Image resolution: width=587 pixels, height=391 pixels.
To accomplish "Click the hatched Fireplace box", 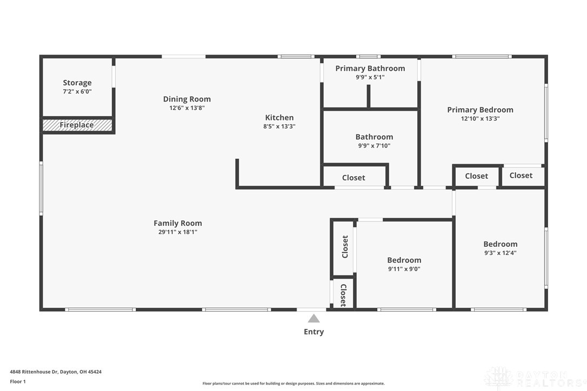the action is click(77, 125).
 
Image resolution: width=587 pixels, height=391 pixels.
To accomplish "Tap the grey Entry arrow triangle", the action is click(313, 319).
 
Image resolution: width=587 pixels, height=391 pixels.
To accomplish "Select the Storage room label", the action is click(77, 83).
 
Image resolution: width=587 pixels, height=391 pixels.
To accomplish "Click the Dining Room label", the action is click(187, 99).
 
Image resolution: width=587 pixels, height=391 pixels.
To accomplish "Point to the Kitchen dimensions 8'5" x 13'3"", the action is click(279, 126).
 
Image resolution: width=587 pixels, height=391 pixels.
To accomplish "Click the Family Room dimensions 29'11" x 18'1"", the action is click(178, 232).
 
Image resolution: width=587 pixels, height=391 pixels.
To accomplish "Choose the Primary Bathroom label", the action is click(370, 69).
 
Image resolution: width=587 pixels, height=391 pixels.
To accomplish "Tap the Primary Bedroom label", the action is click(481, 110).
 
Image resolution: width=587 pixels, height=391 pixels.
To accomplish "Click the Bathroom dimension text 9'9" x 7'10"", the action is click(374, 146).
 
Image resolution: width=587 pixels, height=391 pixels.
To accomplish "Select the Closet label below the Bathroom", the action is click(353, 178).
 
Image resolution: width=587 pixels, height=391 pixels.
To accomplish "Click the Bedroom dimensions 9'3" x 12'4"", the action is click(501, 253).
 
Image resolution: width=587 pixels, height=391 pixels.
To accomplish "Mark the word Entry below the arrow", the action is click(313, 332).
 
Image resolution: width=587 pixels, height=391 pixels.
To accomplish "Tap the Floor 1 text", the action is click(18, 382).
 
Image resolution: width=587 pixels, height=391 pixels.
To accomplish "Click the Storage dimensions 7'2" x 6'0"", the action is click(77, 92).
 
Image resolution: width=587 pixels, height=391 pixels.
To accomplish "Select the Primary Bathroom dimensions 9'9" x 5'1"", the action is click(370, 77).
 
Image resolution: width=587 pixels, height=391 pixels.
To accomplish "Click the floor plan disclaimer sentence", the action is click(293, 383).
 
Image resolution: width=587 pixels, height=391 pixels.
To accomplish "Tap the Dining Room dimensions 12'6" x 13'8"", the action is click(187, 108).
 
